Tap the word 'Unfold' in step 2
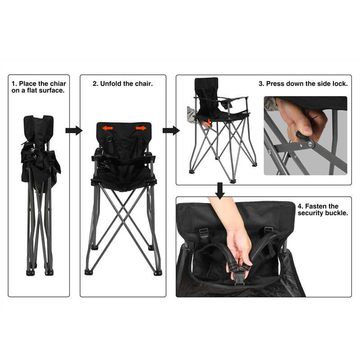(x=111, y=84)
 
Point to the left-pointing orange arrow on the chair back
(x=107, y=128)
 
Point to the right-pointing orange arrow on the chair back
(x=141, y=128)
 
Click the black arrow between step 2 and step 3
(x=171, y=130)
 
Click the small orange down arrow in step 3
(x=209, y=122)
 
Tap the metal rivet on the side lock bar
(x=310, y=144)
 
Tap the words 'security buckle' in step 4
(x=323, y=213)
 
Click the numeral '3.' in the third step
(x=261, y=84)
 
